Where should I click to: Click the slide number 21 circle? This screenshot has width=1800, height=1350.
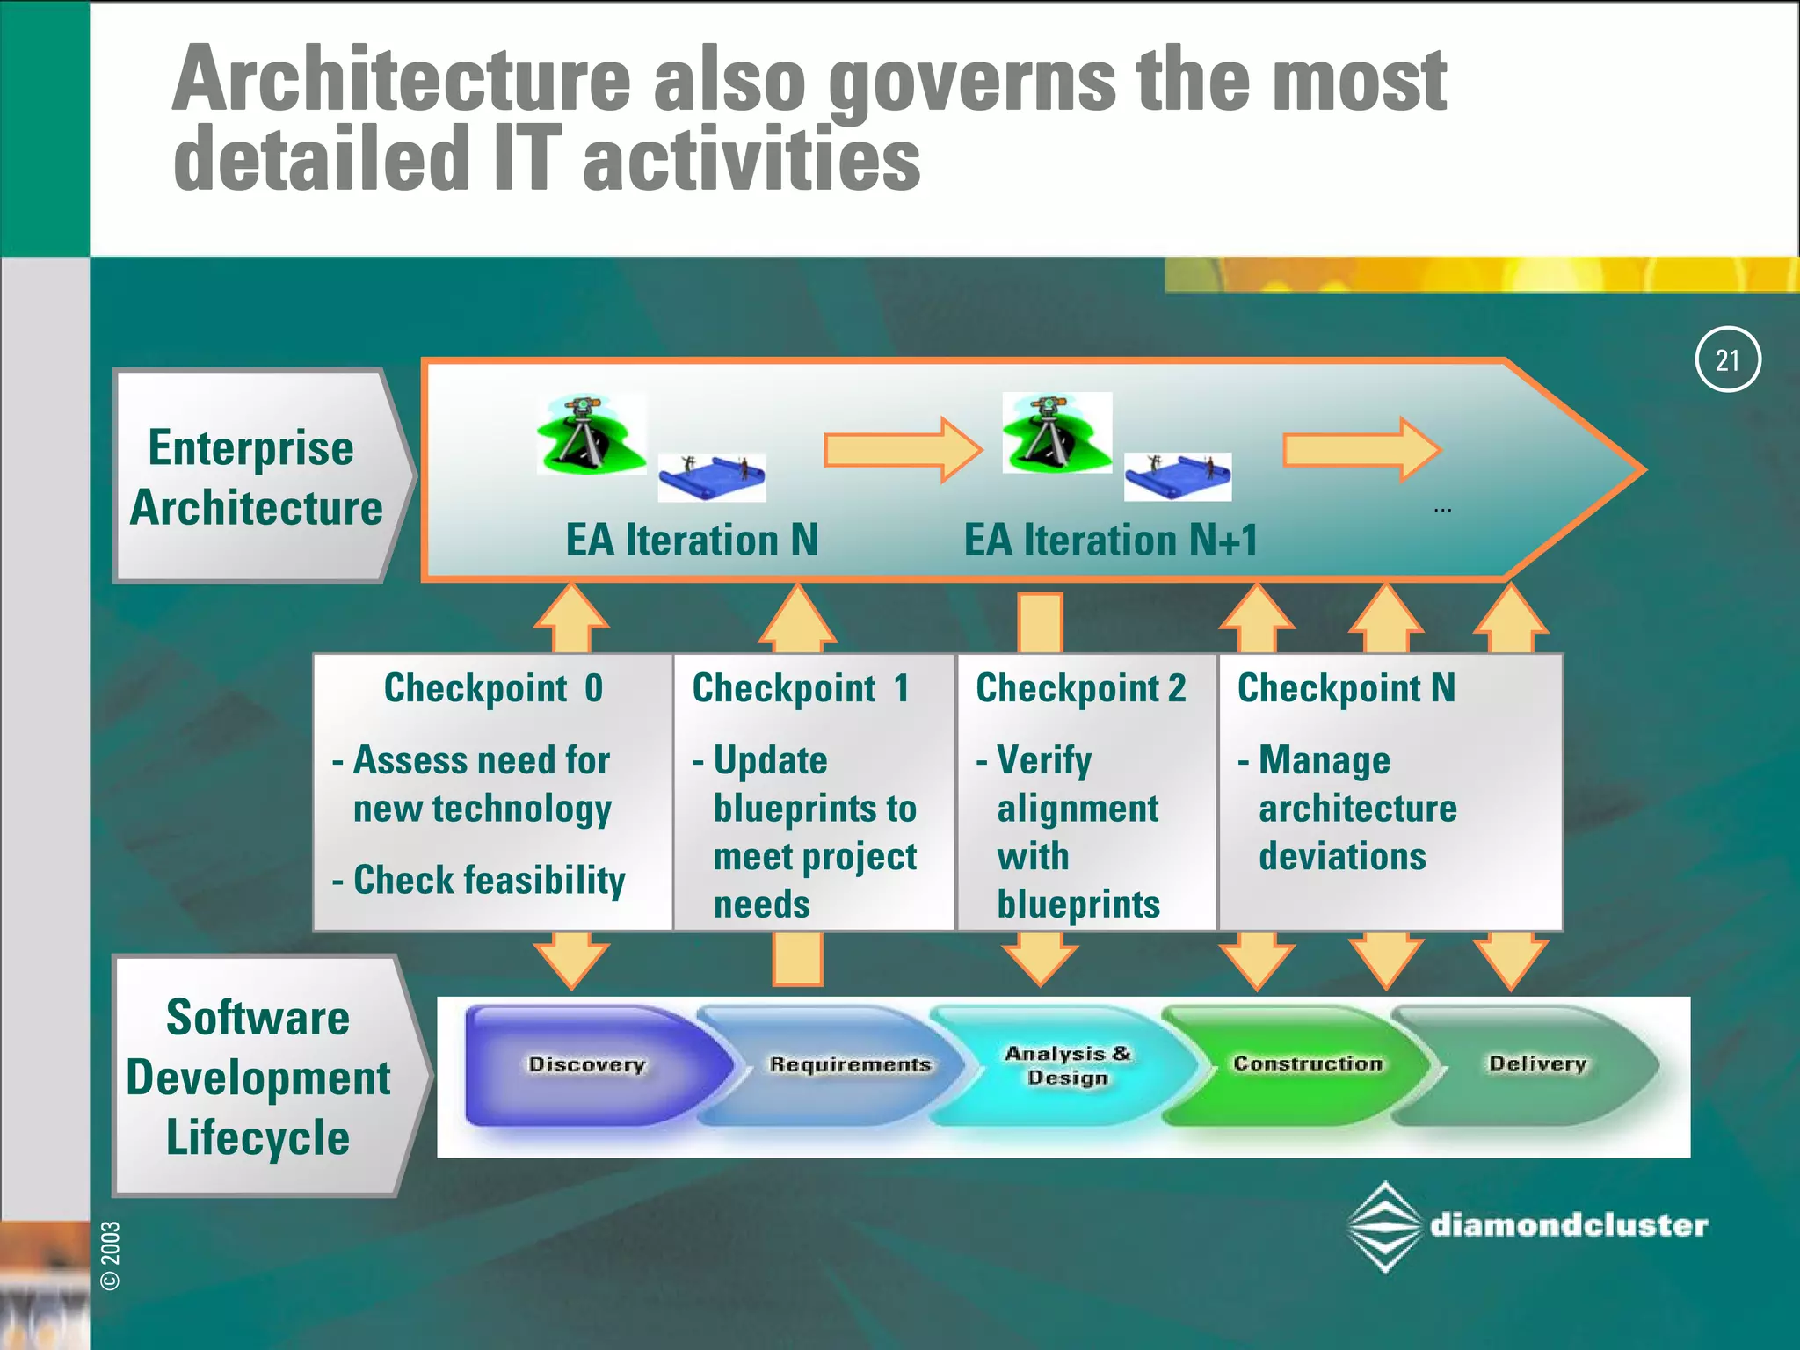pos(1727,359)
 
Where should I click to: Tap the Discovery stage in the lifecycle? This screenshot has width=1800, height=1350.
pos(587,1064)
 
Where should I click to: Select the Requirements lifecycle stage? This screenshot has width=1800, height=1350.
pos(849,1064)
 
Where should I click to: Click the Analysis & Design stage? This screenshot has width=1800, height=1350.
pos(1067,1064)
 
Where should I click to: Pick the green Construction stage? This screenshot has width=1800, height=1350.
pos(1308,1063)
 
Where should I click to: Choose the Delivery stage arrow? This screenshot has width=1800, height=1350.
pos(1536,1063)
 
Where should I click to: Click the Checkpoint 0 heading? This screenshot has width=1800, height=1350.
pos(493,688)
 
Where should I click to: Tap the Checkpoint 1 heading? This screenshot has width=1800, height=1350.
pos(800,688)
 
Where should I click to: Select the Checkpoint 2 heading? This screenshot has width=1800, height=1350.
pos(1080,688)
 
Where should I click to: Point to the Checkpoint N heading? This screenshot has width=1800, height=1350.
pos(1346,688)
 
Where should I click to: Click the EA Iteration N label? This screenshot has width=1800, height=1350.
pos(692,540)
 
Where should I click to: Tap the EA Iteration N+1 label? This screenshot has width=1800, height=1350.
pos(1111,540)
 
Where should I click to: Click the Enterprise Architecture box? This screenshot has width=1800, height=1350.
pos(257,477)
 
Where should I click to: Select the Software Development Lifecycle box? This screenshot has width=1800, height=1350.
pos(258,1077)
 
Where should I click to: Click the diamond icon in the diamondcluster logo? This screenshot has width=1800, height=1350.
pos(1384,1227)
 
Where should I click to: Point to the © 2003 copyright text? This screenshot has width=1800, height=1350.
pos(111,1255)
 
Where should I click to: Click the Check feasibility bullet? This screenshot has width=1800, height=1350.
pos(489,880)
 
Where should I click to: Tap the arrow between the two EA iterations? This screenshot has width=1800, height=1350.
pos(903,449)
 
